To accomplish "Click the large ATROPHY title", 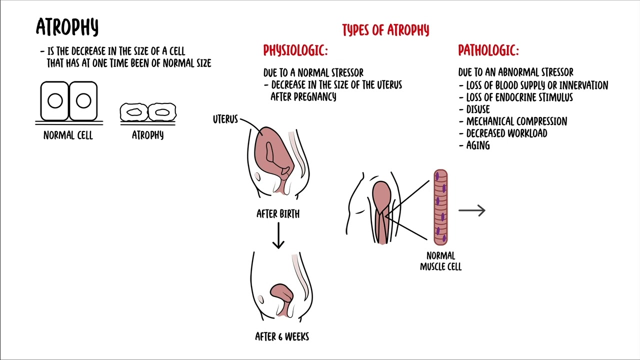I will pyautogui.click(x=67, y=27).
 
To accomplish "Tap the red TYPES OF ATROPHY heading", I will pyautogui.click(x=385, y=30).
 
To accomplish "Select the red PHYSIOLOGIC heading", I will pyautogui.click(x=295, y=50).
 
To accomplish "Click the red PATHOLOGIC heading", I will pyautogui.click(x=488, y=50).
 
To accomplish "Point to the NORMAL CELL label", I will pyautogui.click(x=68, y=135).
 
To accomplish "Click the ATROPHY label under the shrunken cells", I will pyautogui.click(x=147, y=135).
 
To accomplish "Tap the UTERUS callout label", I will pyautogui.click(x=225, y=120).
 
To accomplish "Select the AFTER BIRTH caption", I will pyautogui.click(x=278, y=214).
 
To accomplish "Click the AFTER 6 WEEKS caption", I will pyautogui.click(x=282, y=337).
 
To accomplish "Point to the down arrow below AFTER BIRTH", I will pyautogui.click(x=278, y=235).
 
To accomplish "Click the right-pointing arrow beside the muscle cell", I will pyautogui.click(x=471, y=211).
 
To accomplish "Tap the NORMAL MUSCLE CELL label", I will pyautogui.click(x=440, y=261).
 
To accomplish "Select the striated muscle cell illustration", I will pyautogui.click(x=440, y=207).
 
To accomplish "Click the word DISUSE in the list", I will pyautogui.click(x=477, y=109).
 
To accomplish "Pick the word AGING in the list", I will pyautogui.click(x=477, y=145).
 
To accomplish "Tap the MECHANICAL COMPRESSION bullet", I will pyautogui.click(x=516, y=121).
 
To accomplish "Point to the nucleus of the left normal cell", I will pyautogui.click(x=55, y=101).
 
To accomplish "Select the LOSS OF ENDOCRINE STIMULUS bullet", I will pyautogui.click(x=519, y=97).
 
